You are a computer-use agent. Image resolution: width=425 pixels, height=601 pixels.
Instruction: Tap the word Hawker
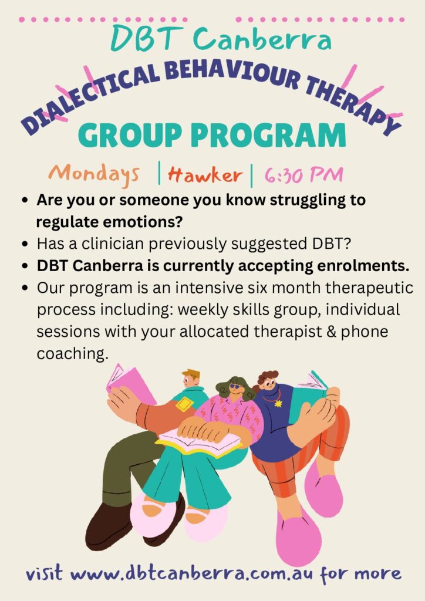(x=205, y=175)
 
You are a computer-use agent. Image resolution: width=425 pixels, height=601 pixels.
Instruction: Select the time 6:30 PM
(x=303, y=175)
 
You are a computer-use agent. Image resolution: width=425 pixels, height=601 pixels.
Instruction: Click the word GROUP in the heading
(x=131, y=136)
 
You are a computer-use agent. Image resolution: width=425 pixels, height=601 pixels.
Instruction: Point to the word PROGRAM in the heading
(x=268, y=136)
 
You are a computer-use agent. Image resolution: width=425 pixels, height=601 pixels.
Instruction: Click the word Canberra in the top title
(x=262, y=39)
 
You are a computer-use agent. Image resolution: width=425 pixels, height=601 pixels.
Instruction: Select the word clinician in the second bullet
(x=113, y=244)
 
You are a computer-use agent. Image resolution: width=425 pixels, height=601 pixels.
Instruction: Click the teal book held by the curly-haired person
(x=311, y=395)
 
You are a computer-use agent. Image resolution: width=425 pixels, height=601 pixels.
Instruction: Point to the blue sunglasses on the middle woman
(x=235, y=386)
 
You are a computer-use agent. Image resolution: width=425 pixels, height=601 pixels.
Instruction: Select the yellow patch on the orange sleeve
(x=185, y=404)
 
